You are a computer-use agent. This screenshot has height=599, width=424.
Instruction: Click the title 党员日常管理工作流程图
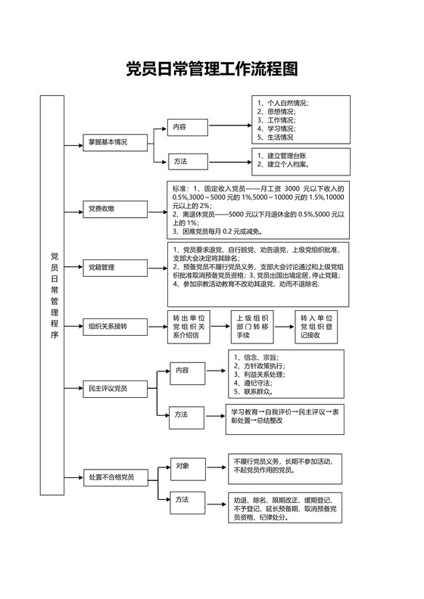click(211, 70)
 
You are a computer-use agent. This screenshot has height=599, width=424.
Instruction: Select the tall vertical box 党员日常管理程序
click(52, 295)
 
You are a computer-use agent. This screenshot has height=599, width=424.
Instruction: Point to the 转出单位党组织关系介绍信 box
click(189, 327)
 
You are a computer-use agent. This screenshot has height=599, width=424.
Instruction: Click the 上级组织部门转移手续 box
click(251, 327)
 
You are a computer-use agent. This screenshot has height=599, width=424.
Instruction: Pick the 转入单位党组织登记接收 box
click(316, 327)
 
